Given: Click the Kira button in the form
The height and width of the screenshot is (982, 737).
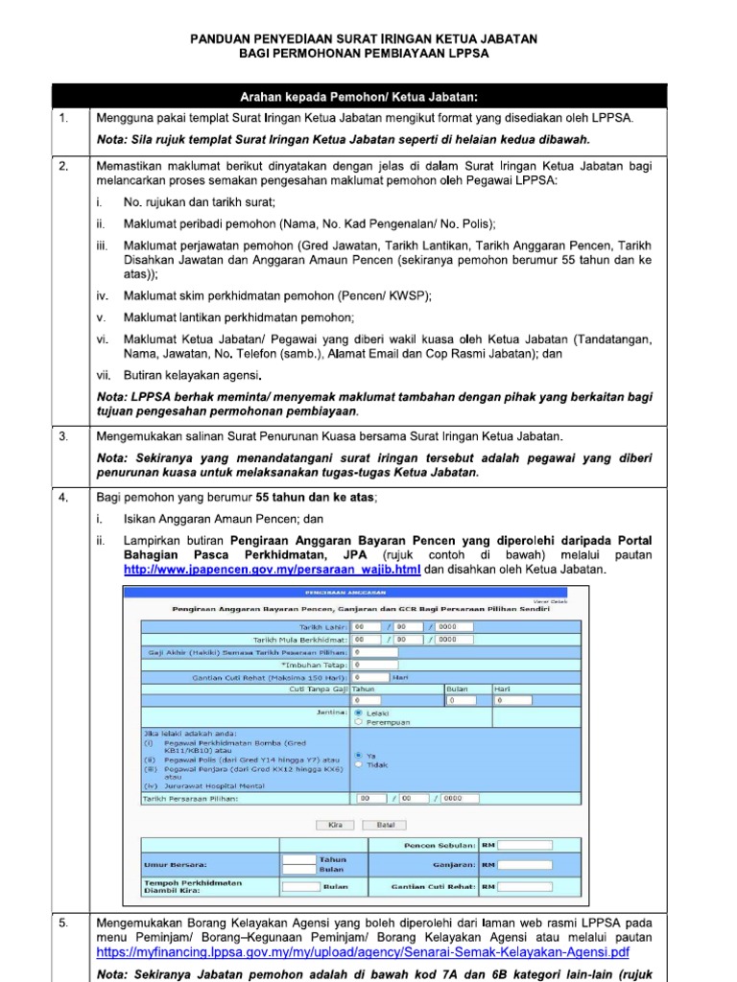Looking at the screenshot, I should pos(334,824).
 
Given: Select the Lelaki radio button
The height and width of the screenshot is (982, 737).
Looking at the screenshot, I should pos(358,713).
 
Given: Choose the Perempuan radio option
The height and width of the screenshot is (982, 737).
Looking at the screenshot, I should pos(358,723).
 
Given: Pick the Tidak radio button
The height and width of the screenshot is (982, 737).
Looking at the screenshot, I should pos(358,764).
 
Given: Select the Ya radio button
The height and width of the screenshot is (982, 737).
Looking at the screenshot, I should pos(358,755).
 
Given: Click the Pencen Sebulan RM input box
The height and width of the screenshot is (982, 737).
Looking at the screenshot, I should pos(525,845).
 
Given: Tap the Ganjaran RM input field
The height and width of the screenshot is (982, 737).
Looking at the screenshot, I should pos(525,864).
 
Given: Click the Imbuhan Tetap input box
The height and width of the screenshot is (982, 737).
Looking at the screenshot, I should pos(374,663).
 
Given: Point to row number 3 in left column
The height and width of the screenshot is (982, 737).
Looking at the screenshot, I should pos(63,435).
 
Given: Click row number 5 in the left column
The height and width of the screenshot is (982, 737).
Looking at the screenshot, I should pos(63,923).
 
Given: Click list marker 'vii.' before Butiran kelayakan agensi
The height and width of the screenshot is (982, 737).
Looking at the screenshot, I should pos(105,375).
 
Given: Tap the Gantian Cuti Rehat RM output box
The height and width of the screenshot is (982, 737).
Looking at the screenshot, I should pos(525,886).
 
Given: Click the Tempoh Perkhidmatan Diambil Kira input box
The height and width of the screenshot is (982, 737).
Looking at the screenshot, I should pos(300,886).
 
